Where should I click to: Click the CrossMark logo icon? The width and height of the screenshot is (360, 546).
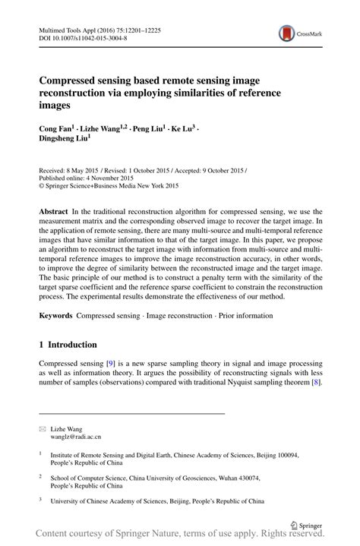[x=287, y=33]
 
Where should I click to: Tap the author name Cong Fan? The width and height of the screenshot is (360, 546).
[x=55, y=128]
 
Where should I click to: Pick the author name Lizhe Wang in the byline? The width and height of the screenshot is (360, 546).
[x=99, y=128]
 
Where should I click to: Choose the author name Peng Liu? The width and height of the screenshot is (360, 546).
[x=147, y=128]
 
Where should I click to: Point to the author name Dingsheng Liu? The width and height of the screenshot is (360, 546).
[x=63, y=139]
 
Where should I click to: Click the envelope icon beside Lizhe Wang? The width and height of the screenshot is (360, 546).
[x=43, y=429]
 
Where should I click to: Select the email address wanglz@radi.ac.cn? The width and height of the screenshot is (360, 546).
[x=75, y=437]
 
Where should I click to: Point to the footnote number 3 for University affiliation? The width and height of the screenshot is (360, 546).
[x=41, y=501]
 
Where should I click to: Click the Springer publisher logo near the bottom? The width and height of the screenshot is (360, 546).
[x=307, y=525]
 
